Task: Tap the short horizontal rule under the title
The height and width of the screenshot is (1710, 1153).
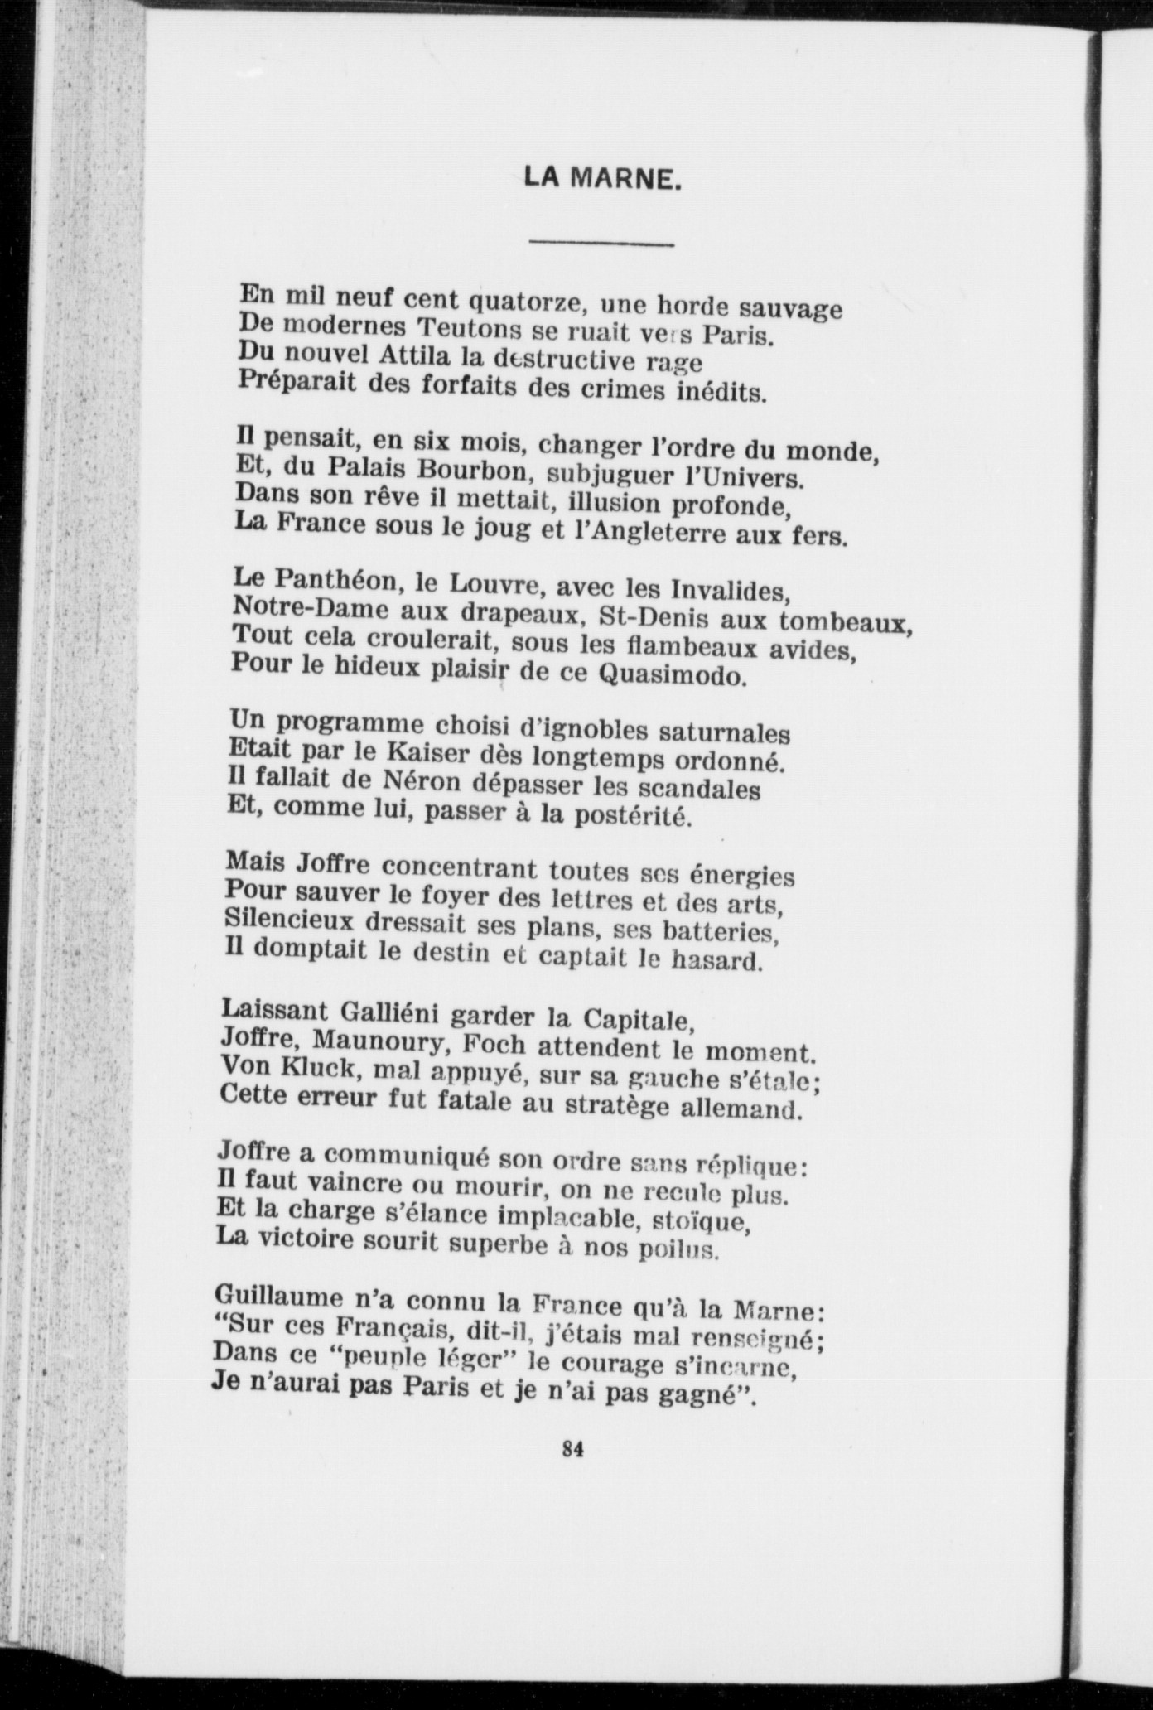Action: coord(601,244)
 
